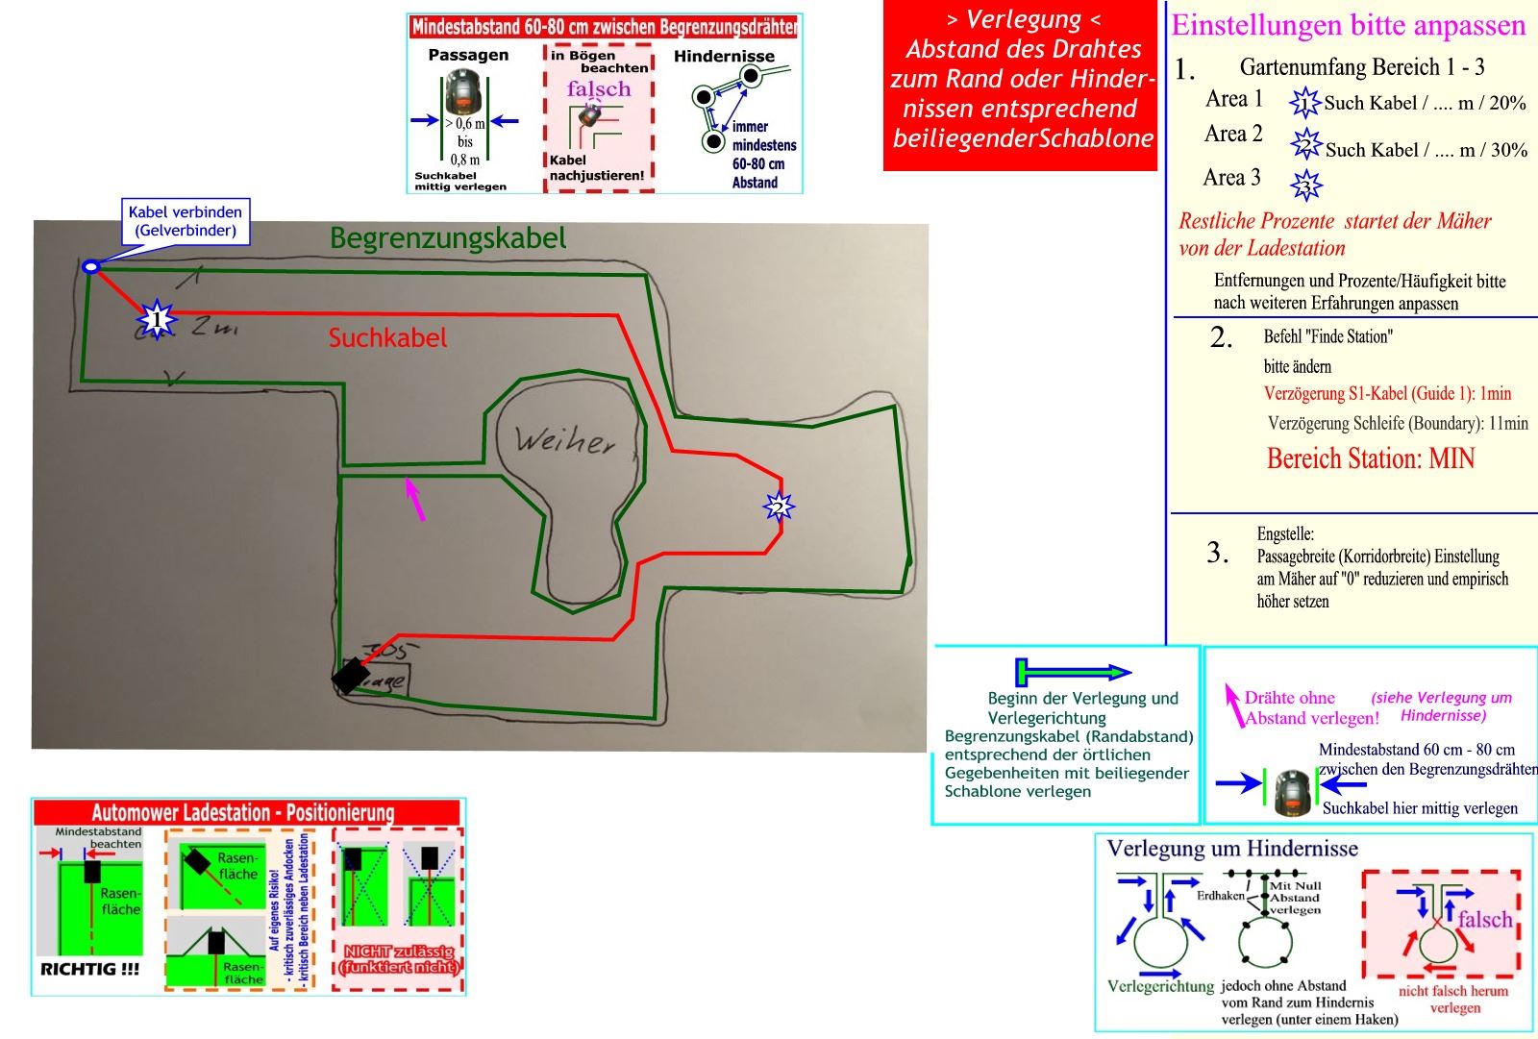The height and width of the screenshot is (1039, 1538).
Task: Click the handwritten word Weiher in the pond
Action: point(564,441)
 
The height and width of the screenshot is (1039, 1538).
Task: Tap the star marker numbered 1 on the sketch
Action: point(157,319)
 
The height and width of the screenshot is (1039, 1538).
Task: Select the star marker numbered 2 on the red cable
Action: point(778,507)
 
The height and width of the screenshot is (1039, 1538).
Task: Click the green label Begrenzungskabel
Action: point(448,238)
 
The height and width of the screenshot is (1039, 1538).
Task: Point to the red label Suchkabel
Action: point(387,338)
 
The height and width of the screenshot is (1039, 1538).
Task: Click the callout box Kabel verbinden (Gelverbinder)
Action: point(186,221)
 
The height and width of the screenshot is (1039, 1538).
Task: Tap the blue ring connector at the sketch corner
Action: point(90,266)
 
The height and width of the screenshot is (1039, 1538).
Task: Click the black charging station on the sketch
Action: point(349,675)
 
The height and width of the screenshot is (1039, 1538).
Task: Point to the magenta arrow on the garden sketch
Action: point(415,499)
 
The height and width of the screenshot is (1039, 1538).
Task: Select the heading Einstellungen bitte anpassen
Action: point(1348,26)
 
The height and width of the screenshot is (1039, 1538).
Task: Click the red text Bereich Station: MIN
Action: point(1371,458)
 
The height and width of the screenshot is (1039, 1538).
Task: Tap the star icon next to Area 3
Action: point(1306,184)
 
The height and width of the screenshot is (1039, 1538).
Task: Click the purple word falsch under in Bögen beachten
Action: point(599,89)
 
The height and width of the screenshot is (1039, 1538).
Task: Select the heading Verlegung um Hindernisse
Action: point(1232,849)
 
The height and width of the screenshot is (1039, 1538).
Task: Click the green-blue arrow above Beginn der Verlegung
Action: point(1073,671)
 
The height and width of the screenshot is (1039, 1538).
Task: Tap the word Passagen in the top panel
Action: point(468,56)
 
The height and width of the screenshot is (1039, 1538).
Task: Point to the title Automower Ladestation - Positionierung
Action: point(243,813)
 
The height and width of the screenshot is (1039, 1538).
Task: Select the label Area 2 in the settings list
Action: point(1233,135)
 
